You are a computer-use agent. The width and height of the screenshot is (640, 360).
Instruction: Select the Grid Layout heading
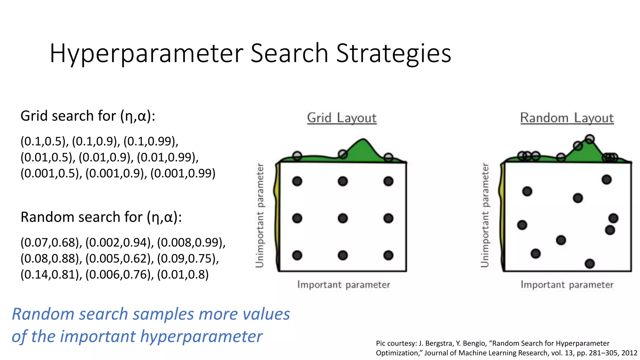[342, 118]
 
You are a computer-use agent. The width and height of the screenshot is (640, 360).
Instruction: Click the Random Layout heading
[567, 118]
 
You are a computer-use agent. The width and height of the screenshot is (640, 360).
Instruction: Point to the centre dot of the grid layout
[343, 218]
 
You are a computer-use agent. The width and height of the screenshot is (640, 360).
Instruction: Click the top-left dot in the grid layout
[297, 181]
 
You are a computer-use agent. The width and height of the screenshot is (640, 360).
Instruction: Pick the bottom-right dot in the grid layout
[388, 255]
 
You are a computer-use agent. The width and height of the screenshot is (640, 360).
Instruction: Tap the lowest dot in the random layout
[590, 264]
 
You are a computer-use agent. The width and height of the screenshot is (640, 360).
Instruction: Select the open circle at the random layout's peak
[590, 139]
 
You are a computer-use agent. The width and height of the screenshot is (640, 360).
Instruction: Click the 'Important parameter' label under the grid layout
[344, 285]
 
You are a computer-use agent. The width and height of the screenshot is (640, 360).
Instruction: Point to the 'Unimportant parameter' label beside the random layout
[485, 215]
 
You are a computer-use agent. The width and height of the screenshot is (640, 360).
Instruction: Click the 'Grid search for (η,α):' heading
[88, 116]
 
